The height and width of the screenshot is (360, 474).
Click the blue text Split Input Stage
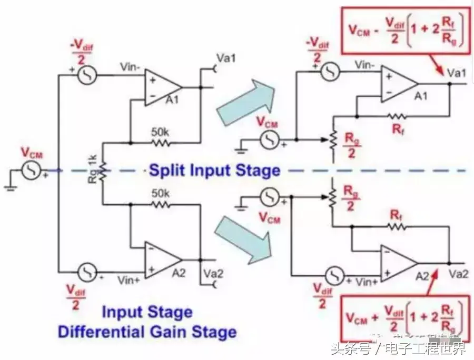[x=214, y=171]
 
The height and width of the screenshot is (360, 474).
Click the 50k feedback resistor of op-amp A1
[x=160, y=142]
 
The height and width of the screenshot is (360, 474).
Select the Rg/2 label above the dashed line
[x=350, y=144]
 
